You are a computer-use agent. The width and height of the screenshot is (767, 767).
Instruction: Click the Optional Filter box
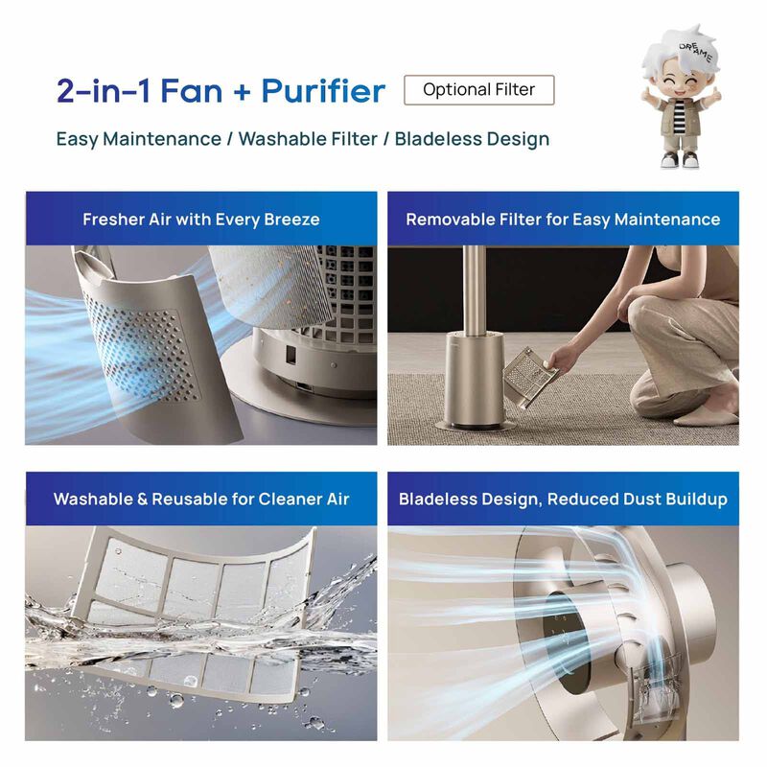coord(478,90)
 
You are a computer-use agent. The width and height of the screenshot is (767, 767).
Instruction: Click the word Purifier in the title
coord(323,91)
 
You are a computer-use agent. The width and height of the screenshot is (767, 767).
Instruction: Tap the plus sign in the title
coord(242,92)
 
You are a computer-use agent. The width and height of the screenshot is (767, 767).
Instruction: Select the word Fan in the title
coord(191,91)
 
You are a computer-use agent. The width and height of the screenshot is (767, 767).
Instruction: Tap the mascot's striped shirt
coord(680,115)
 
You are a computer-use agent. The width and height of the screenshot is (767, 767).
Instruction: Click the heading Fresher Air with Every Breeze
coord(201,220)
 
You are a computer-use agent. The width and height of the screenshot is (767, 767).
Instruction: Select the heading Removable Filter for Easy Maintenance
coord(563,220)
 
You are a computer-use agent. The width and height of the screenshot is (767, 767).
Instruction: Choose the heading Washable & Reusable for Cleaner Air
coord(201,499)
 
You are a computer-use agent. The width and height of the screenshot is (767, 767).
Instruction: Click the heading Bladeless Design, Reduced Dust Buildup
coord(563,499)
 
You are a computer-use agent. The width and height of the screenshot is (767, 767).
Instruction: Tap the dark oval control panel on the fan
coord(563,640)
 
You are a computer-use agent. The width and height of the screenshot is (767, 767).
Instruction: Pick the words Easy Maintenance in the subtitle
coord(138,139)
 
